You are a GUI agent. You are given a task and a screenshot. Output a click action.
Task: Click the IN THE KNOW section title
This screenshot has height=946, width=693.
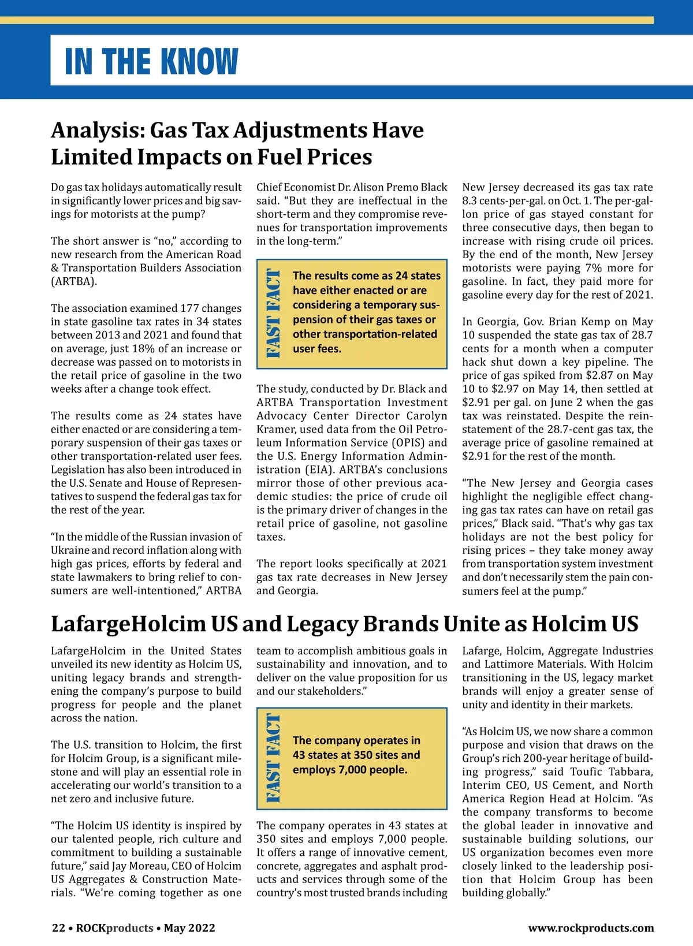click(151, 61)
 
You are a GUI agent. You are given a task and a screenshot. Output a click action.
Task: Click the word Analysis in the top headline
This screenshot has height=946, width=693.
click(96, 131)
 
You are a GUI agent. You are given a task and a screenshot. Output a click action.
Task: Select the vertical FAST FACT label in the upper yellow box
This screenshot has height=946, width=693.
click(273, 313)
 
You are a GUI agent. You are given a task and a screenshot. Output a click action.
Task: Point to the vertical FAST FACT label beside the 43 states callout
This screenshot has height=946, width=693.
click(273, 758)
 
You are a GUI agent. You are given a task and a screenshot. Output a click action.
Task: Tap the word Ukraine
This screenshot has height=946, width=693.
click(69, 550)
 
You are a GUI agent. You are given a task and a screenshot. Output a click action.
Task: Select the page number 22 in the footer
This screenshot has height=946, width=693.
click(58, 928)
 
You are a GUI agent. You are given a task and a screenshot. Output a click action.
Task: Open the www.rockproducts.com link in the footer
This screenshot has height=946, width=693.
click(591, 928)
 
